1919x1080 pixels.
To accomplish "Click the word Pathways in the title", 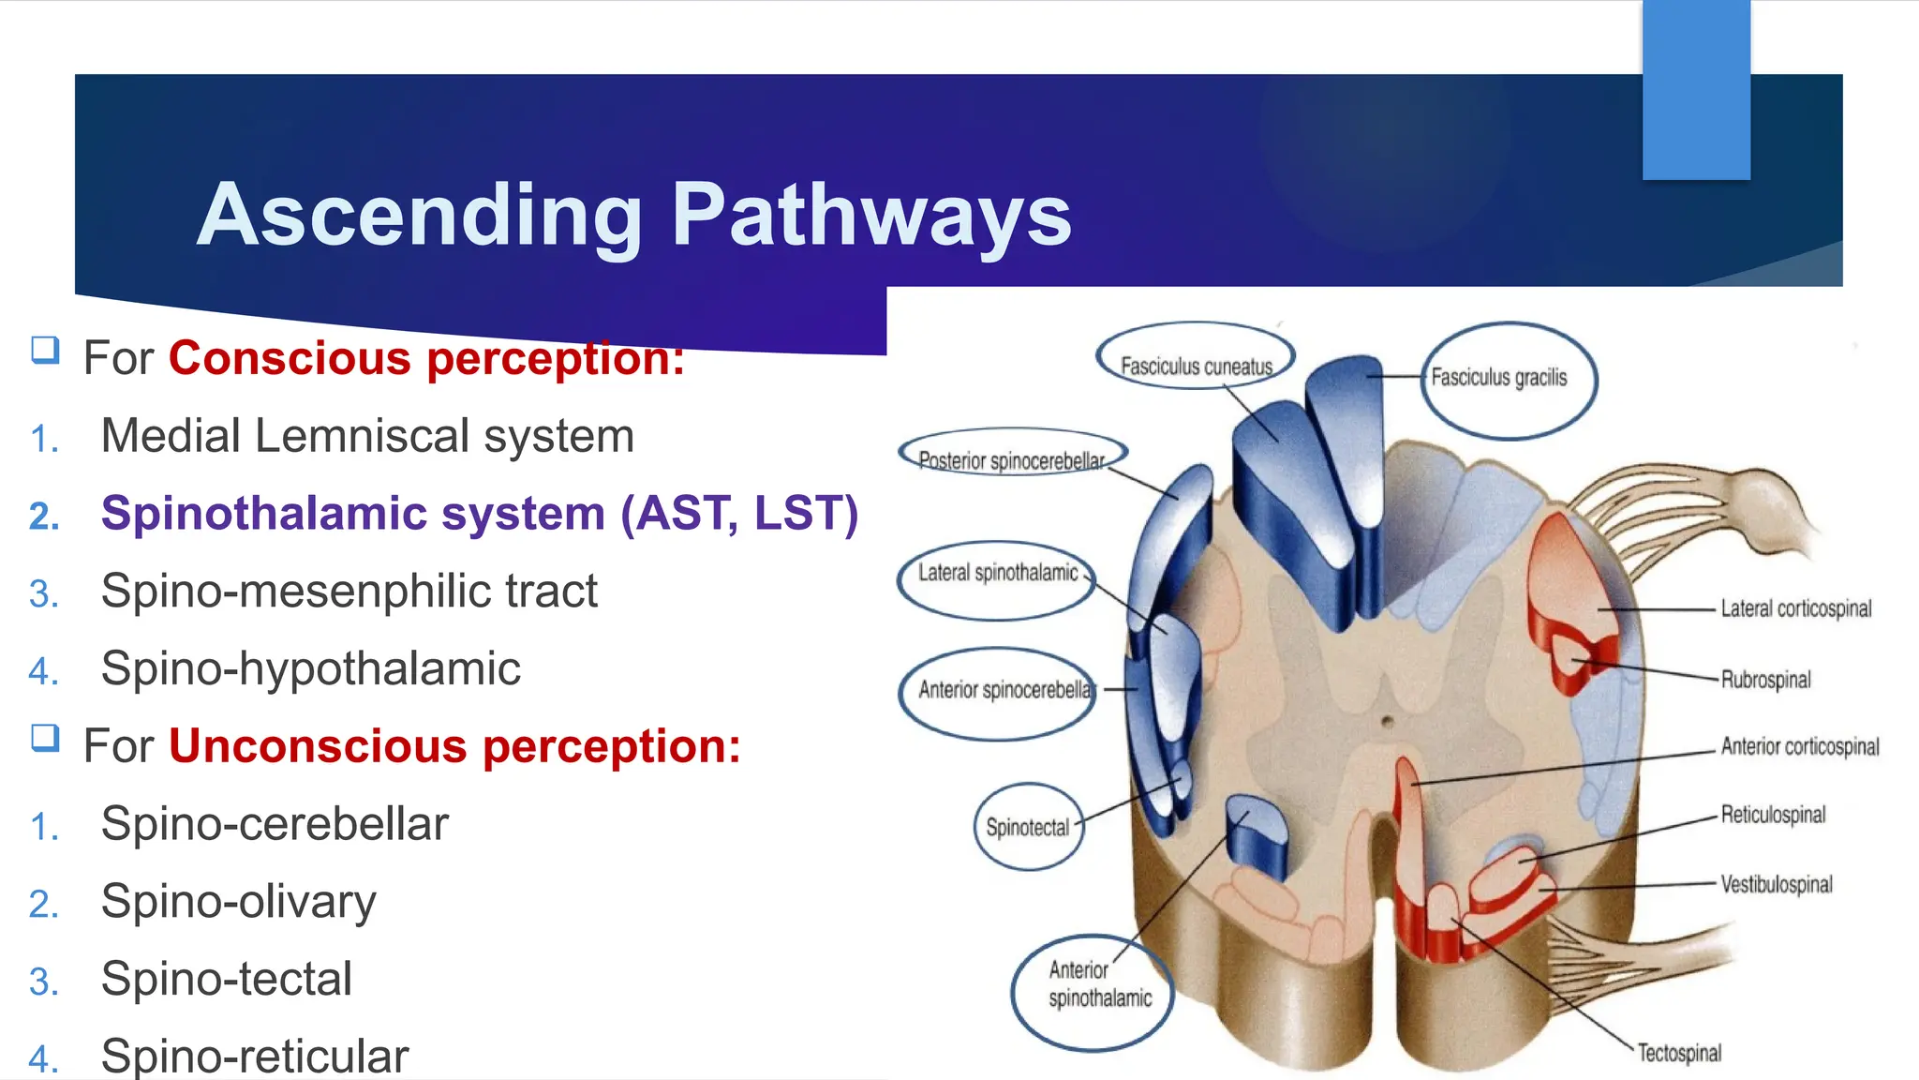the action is [x=871, y=216].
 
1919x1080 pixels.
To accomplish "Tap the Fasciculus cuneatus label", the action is [x=1196, y=366].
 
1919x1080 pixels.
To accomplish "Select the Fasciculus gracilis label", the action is [x=1498, y=377].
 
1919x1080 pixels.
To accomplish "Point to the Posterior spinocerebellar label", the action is [x=1011, y=460].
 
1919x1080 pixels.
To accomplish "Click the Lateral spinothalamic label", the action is [x=998, y=573].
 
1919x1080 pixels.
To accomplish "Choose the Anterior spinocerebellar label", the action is [x=1004, y=690].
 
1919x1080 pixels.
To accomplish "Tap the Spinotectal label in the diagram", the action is [x=1027, y=827].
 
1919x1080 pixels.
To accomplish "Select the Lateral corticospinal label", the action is [x=1795, y=608].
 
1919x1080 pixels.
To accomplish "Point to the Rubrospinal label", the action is [x=1765, y=680].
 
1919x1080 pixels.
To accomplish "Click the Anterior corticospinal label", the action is [x=1799, y=746].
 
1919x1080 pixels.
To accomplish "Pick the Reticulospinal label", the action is [x=1773, y=815].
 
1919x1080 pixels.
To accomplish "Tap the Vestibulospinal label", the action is [x=1776, y=884].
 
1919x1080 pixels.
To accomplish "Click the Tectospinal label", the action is [x=1679, y=1053].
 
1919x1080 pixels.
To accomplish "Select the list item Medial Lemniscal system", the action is [x=367, y=436].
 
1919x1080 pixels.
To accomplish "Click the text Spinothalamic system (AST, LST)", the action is [x=479, y=514].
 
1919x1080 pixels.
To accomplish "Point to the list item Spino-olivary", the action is [x=238, y=902].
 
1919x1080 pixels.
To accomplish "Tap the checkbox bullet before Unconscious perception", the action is [x=45, y=739].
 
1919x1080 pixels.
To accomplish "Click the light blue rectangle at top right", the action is [x=1696, y=89].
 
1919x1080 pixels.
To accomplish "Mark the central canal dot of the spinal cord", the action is [x=1387, y=722].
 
